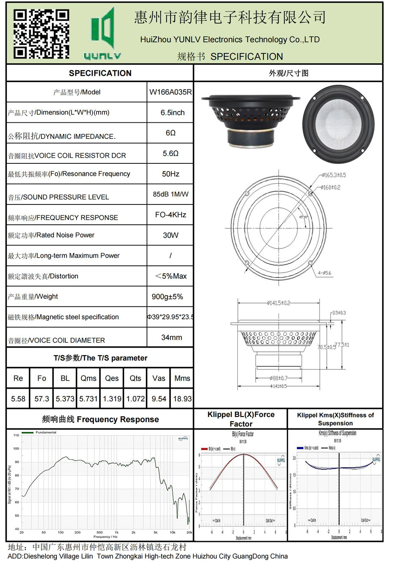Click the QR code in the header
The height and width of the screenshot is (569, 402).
click(41, 34)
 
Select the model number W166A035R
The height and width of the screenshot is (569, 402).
click(170, 92)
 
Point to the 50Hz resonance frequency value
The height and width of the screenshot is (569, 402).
click(171, 174)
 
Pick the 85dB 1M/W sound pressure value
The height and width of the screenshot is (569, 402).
click(171, 194)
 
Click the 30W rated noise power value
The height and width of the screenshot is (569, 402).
click(171, 235)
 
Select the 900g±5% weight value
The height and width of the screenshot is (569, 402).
click(167, 297)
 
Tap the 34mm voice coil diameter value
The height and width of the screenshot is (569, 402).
click(171, 337)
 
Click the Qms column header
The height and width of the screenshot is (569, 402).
click(88, 378)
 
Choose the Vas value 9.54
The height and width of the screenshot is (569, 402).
click(159, 399)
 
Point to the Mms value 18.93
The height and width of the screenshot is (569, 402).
click(182, 399)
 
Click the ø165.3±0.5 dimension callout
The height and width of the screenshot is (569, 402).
click(333, 175)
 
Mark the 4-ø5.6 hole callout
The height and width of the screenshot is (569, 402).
click(325, 273)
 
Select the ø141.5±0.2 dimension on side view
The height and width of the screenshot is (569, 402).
click(278, 303)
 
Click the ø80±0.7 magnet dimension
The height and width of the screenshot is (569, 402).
click(278, 378)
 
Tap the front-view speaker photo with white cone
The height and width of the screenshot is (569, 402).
click(339, 124)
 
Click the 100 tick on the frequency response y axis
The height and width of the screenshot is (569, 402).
click(16, 448)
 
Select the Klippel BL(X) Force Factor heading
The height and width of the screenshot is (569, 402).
click(241, 419)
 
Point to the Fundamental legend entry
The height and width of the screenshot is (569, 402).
click(46, 432)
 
